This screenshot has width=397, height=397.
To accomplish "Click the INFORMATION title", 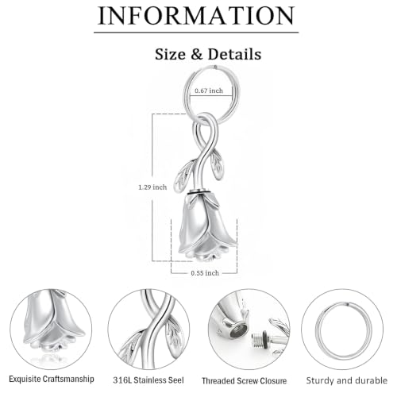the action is click(x=196, y=16).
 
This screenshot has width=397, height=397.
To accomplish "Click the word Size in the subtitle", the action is click(x=170, y=54).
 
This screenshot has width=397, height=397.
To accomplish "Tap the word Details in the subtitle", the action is click(x=234, y=54).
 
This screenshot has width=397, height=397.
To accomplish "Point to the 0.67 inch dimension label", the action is click(x=209, y=91).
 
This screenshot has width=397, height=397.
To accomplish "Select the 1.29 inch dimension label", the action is click(x=152, y=187).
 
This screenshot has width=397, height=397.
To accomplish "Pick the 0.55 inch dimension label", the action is click(x=205, y=273).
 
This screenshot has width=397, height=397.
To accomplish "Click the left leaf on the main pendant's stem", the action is click(x=184, y=175).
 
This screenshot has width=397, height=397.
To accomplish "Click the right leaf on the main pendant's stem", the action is click(x=217, y=164).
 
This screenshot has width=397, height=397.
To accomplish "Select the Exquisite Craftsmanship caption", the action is click(x=52, y=379).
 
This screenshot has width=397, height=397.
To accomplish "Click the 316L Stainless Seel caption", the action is click(x=148, y=380).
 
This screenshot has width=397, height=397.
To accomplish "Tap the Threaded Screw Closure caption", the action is click(x=245, y=381).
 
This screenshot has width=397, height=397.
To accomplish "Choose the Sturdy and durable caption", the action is click(x=347, y=380).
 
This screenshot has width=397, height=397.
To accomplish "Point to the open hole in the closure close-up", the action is click(x=238, y=331).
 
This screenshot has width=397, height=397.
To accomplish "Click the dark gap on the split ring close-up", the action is click(x=348, y=305).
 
